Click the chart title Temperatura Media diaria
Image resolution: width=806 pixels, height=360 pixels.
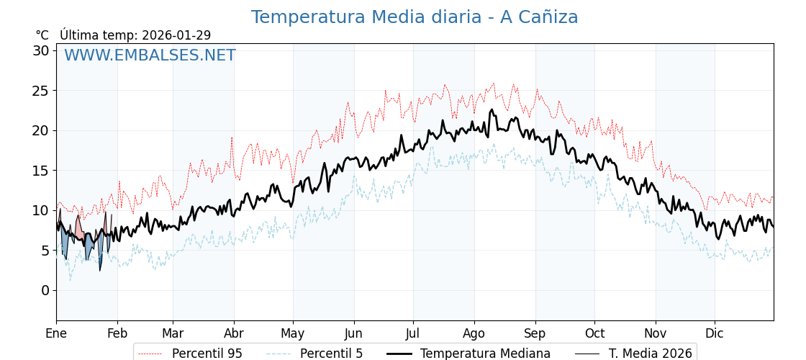414,17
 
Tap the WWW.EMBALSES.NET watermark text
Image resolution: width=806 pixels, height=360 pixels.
150,55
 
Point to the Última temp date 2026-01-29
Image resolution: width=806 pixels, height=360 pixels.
176,35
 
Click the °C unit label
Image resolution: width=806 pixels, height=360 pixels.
42,35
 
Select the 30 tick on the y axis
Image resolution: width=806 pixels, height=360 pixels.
41,50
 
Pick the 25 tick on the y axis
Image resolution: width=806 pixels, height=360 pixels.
41,91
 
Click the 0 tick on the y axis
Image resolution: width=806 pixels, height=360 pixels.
45,290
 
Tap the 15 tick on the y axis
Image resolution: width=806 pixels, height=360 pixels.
41,171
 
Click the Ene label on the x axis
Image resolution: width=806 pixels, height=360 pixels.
56,333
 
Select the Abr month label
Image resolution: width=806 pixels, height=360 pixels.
234,333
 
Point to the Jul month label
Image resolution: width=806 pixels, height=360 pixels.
413,333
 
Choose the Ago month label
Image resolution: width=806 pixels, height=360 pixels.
474,333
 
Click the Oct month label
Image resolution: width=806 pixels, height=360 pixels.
594,333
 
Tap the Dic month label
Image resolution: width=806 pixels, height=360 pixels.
715,333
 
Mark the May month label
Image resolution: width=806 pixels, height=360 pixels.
293,333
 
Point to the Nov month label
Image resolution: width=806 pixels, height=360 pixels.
656,333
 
